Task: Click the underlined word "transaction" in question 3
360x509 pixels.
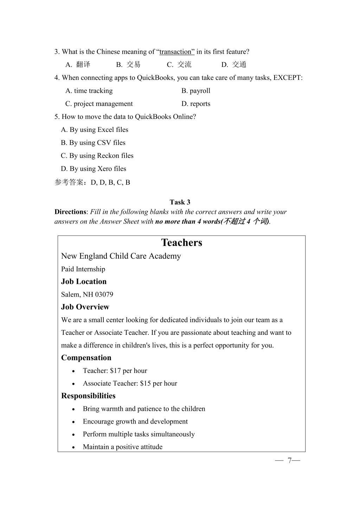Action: (177, 52)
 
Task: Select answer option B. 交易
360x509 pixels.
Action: (128, 64)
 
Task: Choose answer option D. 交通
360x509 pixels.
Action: (234, 64)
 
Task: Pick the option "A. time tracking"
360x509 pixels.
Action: (89, 91)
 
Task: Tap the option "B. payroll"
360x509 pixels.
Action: (196, 91)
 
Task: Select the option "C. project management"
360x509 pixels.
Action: (99, 104)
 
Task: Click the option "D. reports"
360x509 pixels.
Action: (196, 104)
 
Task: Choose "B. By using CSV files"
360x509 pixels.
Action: (93, 142)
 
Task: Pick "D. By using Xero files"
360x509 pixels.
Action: (94, 168)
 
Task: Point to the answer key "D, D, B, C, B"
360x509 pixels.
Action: (110, 183)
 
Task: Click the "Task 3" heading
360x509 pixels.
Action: (180, 202)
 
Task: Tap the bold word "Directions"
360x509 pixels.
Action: (70, 212)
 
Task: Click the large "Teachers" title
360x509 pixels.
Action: (182, 243)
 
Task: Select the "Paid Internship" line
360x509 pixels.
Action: (83, 269)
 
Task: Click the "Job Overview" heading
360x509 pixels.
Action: (85, 307)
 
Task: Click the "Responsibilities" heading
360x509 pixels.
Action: (88, 396)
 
